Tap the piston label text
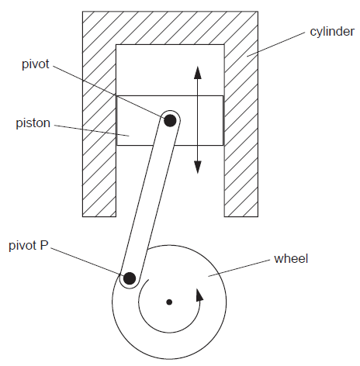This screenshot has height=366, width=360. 33,123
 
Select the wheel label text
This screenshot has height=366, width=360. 291,258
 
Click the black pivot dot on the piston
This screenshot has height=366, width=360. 169,119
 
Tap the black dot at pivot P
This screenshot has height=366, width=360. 130,278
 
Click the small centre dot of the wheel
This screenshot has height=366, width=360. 169,301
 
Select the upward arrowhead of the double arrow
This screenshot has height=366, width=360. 198,73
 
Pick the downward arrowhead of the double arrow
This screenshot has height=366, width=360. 198,165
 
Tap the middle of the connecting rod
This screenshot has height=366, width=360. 150,199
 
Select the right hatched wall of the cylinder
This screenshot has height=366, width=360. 241,140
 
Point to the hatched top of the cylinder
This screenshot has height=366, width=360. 170,28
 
